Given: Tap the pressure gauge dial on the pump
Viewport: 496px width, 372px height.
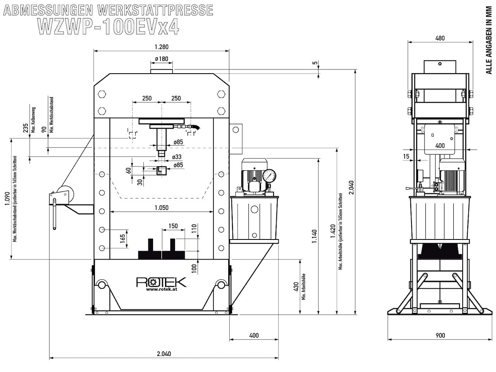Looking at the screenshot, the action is click(269, 176).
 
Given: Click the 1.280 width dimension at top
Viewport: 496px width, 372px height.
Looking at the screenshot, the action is click(162, 47).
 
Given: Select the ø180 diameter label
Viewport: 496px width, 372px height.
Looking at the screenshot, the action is click(162, 59).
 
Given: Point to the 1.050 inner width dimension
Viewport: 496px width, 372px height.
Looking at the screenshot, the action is click(162, 208).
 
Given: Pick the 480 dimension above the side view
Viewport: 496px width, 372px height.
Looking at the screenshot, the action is click(440, 38).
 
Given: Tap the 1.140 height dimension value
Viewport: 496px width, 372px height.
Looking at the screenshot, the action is click(314, 236).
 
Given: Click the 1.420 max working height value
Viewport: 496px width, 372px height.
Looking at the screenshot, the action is click(333, 231).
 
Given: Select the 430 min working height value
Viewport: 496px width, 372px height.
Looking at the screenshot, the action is click(296, 287).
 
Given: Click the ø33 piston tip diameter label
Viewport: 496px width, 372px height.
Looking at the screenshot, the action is click(176, 157).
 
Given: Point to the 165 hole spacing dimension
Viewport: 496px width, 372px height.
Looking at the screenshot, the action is click(123, 239).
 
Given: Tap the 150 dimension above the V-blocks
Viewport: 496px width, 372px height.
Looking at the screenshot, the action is click(173, 226).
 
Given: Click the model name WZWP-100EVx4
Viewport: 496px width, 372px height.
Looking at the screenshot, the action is click(108, 26).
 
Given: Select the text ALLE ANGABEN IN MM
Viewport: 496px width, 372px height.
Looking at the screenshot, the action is click(489, 40).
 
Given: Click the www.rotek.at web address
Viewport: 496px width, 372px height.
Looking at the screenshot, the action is click(162, 289).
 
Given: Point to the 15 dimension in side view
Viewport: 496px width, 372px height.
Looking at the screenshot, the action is click(406, 156).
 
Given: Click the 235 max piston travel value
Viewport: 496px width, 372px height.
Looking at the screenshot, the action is click(26, 128).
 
